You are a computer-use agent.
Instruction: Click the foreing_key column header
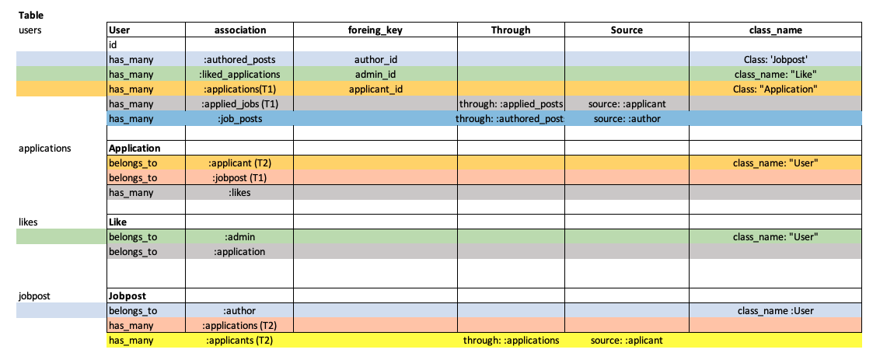point(375,30)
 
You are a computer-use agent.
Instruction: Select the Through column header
point(511,30)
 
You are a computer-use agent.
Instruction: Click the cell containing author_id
point(375,59)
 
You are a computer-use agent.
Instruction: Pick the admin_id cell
point(375,74)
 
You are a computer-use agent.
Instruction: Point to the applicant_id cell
point(375,89)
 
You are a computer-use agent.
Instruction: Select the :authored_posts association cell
point(239,59)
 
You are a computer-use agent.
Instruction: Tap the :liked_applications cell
point(239,74)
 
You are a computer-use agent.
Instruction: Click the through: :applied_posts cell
point(511,103)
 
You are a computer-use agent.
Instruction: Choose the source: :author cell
point(627,118)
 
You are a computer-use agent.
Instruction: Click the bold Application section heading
point(134,148)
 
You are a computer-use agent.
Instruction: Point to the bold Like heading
point(117,222)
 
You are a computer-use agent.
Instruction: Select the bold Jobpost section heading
point(127,296)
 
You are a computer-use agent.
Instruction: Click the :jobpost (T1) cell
point(239,177)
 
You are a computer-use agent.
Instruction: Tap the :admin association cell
point(239,236)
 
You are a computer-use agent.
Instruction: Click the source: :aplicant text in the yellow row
point(627,341)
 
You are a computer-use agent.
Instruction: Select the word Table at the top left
point(32,15)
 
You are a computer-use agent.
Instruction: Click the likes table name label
point(30,222)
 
